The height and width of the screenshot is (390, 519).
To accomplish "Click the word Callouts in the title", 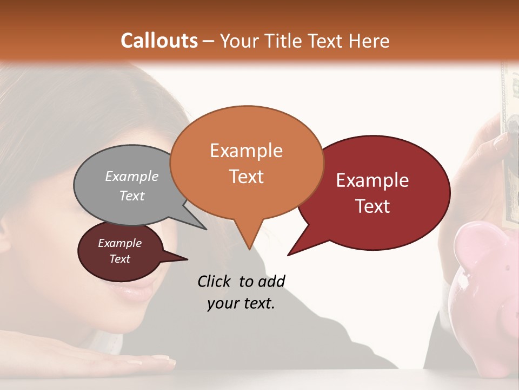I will pos(159,41).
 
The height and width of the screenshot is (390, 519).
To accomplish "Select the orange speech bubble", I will pos(247,162).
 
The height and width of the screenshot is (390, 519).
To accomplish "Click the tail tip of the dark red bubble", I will pos(288,255).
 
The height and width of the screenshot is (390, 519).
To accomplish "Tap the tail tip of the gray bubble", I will pos(206,229).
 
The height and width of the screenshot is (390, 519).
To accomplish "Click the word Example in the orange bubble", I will pos(246,151).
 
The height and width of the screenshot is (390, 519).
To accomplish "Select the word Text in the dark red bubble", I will pos(372,206).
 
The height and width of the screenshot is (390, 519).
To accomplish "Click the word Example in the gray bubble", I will pos(132,177).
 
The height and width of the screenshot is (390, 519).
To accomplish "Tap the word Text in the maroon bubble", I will pos(120,259).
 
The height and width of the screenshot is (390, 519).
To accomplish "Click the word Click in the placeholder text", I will pos(215,281).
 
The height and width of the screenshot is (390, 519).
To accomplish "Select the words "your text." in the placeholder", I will pos(241,304).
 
